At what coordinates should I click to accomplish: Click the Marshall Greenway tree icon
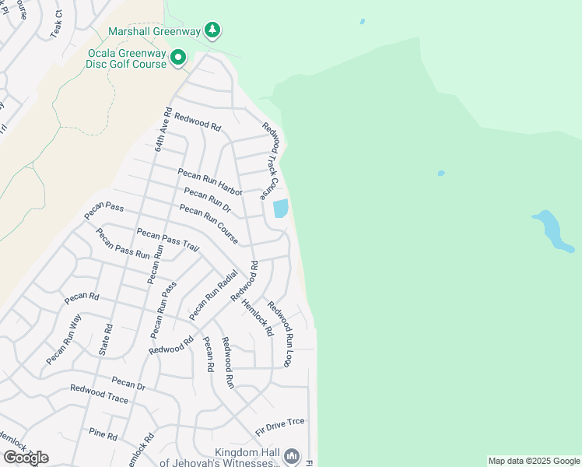(x=212, y=30)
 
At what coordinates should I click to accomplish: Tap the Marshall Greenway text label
(x=154, y=31)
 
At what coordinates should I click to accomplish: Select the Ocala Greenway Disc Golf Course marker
(x=178, y=57)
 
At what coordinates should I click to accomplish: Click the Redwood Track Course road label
(x=269, y=160)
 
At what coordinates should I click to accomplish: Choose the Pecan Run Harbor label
(x=210, y=181)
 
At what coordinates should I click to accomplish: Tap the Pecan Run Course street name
(x=208, y=224)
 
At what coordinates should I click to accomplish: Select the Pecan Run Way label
(x=63, y=339)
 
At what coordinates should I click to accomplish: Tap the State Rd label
(x=106, y=339)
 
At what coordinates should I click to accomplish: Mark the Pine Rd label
(x=103, y=434)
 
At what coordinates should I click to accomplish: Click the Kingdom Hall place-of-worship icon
(x=292, y=455)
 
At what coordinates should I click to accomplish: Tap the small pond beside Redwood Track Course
(x=280, y=209)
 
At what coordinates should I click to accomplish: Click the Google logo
(x=26, y=458)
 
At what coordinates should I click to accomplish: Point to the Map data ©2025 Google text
(x=534, y=461)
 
